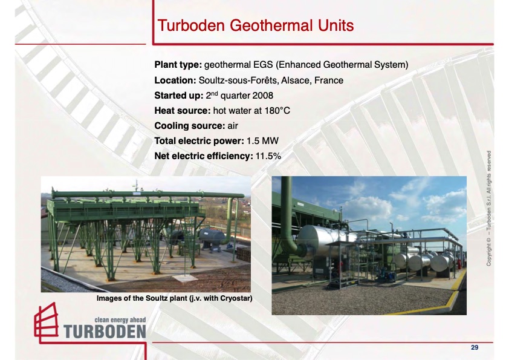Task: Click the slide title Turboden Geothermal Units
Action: (254, 26)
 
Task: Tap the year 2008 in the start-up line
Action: (261, 96)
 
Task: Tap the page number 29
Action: (475, 347)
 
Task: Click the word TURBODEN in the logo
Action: (105, 331)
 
